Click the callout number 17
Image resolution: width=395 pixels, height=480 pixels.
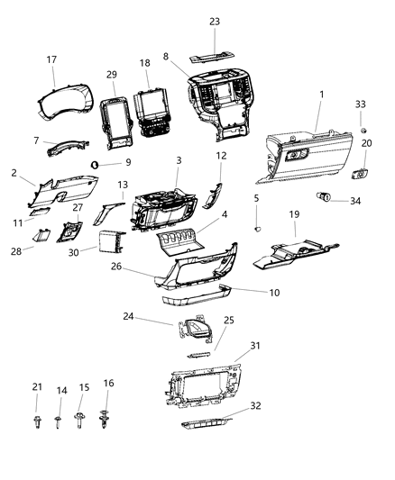click(51, 60)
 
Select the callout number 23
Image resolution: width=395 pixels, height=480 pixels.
click(214, 22)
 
